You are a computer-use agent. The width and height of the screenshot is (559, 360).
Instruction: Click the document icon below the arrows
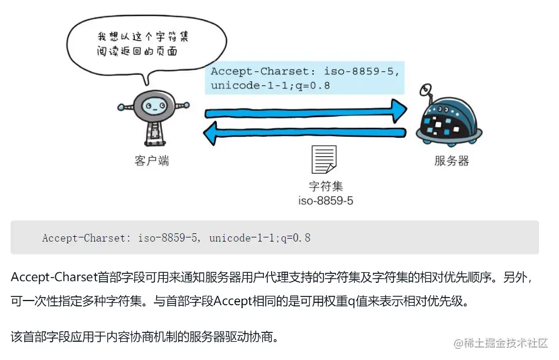point(324,159)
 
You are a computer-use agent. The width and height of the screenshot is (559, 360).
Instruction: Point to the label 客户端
point(152,161)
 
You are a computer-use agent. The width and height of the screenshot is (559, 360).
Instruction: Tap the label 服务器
point(452,161)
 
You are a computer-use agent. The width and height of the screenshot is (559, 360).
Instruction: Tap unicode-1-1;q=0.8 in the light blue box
point(270,85)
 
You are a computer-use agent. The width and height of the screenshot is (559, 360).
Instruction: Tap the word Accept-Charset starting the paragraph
point(47,277)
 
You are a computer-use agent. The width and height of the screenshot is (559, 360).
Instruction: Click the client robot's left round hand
point(121,108)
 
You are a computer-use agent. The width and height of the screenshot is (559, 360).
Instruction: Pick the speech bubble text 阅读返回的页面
point(137,52)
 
